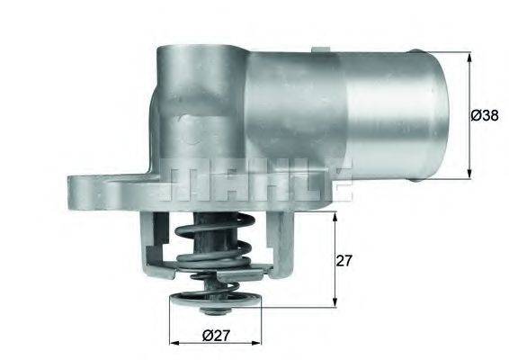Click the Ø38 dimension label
tap(486, 114)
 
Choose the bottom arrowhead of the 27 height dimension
tap(335, 301)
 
